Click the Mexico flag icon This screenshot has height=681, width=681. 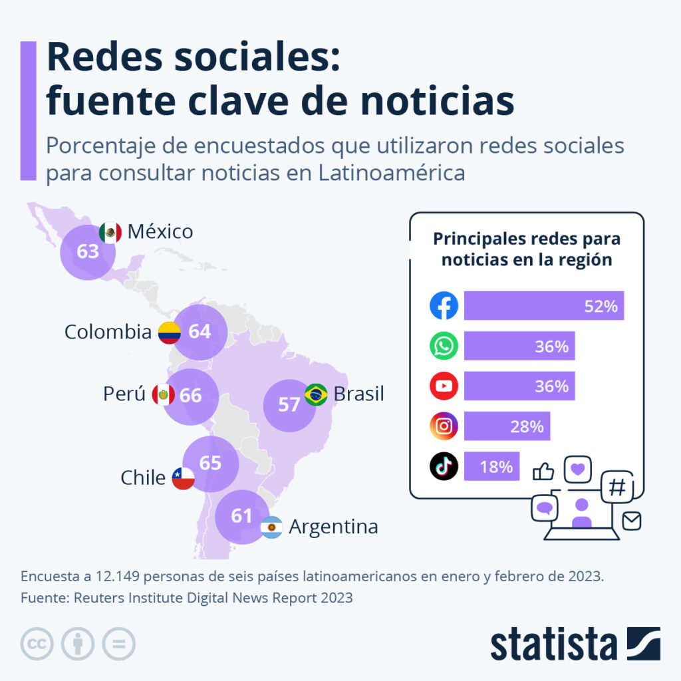(110, 232)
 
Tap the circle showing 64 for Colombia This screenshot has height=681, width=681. (200, 331)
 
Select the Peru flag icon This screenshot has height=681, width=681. (163, 395)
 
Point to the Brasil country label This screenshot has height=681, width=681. (358, 394)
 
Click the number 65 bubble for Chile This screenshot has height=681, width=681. (210, 463)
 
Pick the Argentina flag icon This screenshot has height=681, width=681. (271, 527)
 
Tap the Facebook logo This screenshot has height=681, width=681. (444, 306)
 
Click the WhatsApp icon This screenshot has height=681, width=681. (444, 346)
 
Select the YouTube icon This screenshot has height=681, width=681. (444, 386)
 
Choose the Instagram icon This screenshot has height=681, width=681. (444, 426)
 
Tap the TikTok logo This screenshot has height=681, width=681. (444, 466)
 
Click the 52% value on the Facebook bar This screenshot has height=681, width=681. (601, 307)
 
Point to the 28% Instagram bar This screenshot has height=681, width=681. (507, 426)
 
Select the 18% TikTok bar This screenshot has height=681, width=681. (491, 466)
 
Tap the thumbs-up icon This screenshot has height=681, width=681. (543, 472)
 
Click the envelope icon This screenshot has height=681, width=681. (632, 521)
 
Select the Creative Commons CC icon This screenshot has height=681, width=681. (37, 644)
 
